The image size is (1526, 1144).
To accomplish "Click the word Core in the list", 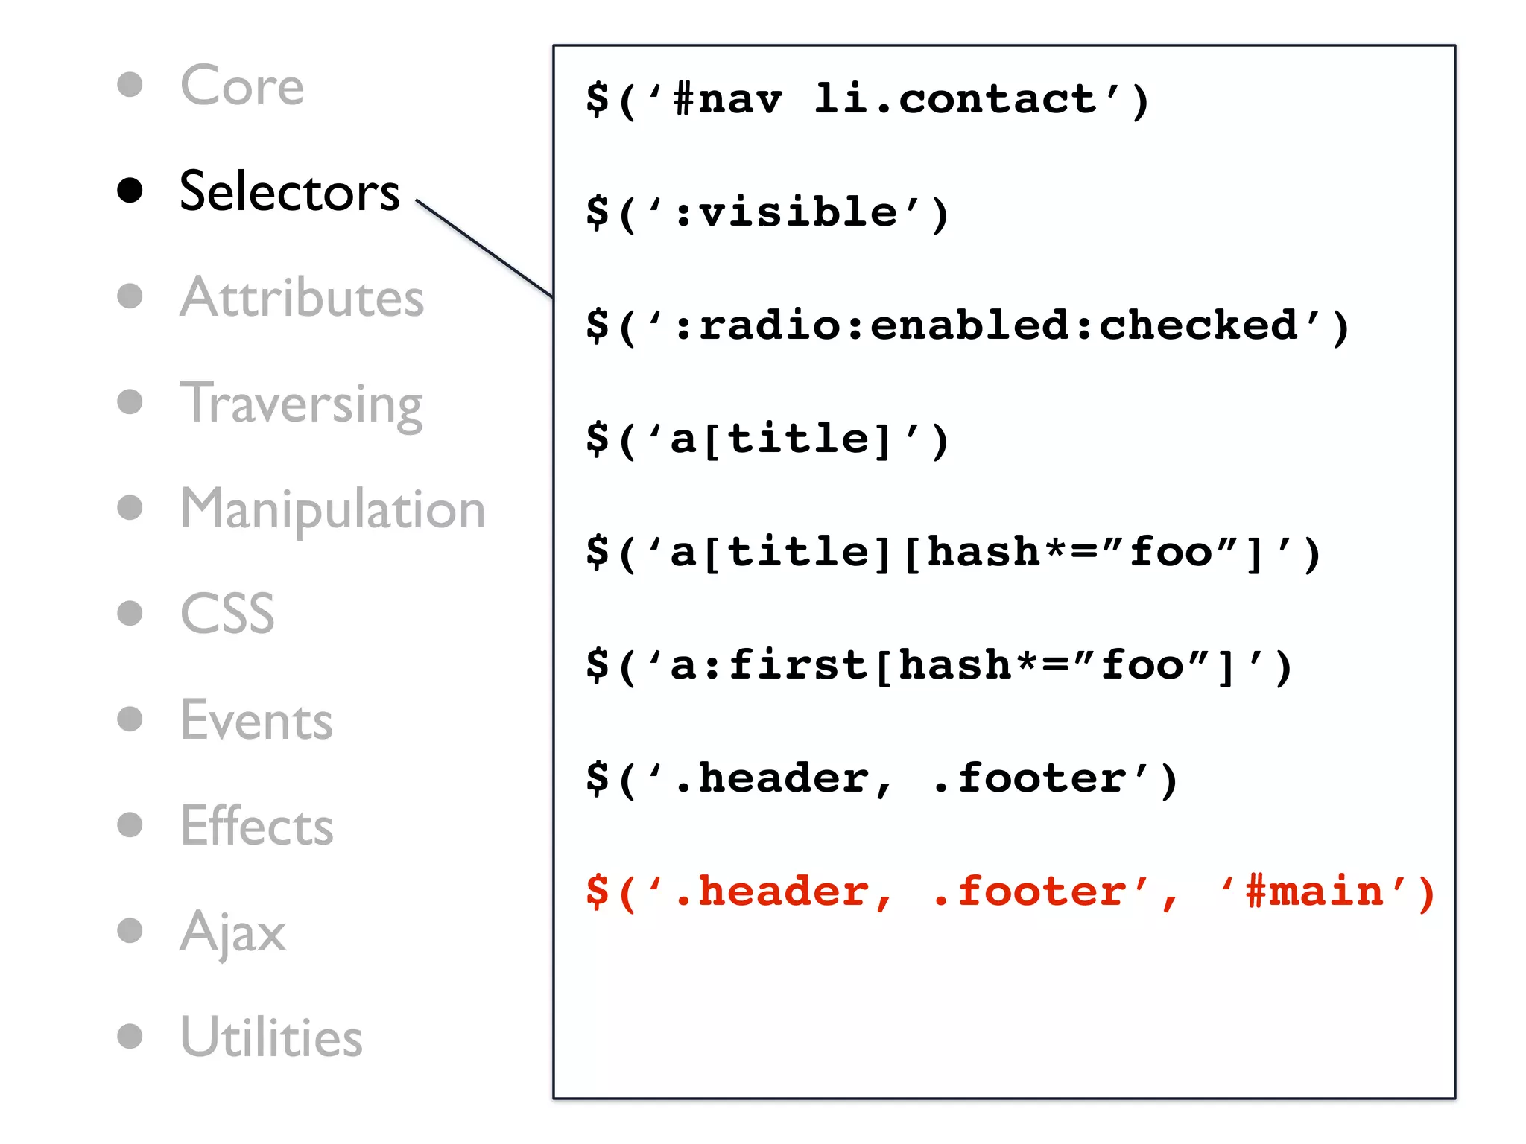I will click(242, 86).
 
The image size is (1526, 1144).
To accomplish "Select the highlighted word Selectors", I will click(289, 191).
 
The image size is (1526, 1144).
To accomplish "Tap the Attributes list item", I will click(302, 297).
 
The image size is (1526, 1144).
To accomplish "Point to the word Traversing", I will click(301, 403).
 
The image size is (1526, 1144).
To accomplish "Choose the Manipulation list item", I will click(332, 509).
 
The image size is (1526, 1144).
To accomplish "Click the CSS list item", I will click(227, 614).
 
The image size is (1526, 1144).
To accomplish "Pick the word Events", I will click(256, 720).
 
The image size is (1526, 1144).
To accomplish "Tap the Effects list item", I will click(256, 826).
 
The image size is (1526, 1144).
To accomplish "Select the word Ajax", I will click(232, 932).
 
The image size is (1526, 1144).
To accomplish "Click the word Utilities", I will click(271, 1037).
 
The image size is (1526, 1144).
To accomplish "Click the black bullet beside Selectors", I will click(130, 191).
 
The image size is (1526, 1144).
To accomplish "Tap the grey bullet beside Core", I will click(130, 84).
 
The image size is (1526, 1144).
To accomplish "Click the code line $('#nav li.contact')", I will click(867, 100).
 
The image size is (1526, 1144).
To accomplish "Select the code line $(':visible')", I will click(767, 213).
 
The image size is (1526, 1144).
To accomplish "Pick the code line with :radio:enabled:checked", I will click(967, 326).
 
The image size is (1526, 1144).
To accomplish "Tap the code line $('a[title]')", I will click(767, 439).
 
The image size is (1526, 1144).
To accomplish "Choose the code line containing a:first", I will click(939, 666).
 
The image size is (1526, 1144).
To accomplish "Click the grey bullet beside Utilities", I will click(130, 1036).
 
